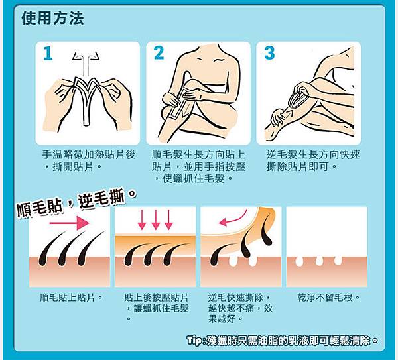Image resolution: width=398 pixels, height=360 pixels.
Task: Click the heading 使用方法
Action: coord(52,19)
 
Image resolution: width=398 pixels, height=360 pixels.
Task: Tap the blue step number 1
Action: coord(48,53)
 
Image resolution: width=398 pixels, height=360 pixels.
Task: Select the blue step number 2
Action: coord(159,53)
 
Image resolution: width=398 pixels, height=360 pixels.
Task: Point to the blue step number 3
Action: coord(269,53)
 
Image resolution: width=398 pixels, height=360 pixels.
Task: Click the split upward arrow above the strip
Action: coord(86,64)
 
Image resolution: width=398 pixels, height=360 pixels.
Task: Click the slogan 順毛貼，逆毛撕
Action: coord(76,203)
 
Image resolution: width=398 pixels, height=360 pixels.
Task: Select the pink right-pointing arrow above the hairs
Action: coord(69,223)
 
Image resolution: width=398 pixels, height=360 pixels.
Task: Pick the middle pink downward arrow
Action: coord(156,219)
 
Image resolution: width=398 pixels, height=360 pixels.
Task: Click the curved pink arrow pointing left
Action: coord(236,220)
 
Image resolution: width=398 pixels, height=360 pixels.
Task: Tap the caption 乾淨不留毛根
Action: coord(329,298)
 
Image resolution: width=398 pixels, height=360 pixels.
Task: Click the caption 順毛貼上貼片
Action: coord(72,298)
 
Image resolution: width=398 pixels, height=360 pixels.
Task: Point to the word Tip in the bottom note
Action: coord(194,341)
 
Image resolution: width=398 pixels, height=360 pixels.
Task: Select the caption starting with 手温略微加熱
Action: coord(89,160)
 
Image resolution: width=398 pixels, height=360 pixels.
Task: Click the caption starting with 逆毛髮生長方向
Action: coord(313,160)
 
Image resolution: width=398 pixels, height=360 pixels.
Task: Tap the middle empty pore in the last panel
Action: coord(319,261)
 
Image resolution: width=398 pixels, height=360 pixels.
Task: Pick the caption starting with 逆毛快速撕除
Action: coord(240,308)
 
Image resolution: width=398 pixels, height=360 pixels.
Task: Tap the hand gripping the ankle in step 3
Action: coord(278,117)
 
